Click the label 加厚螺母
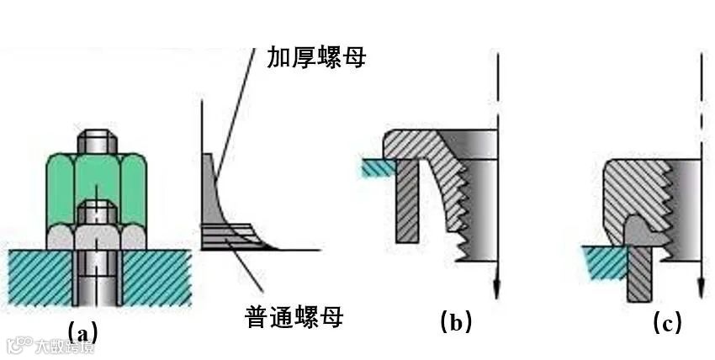316,57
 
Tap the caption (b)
455,321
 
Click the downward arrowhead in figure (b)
498,288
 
